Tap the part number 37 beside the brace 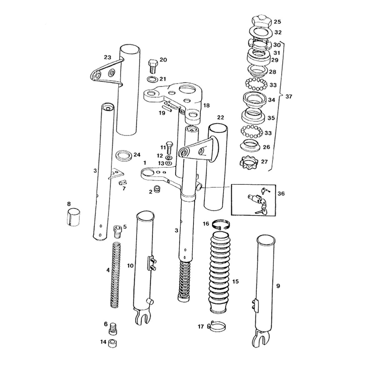point(289,96)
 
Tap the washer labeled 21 point(152,79)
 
